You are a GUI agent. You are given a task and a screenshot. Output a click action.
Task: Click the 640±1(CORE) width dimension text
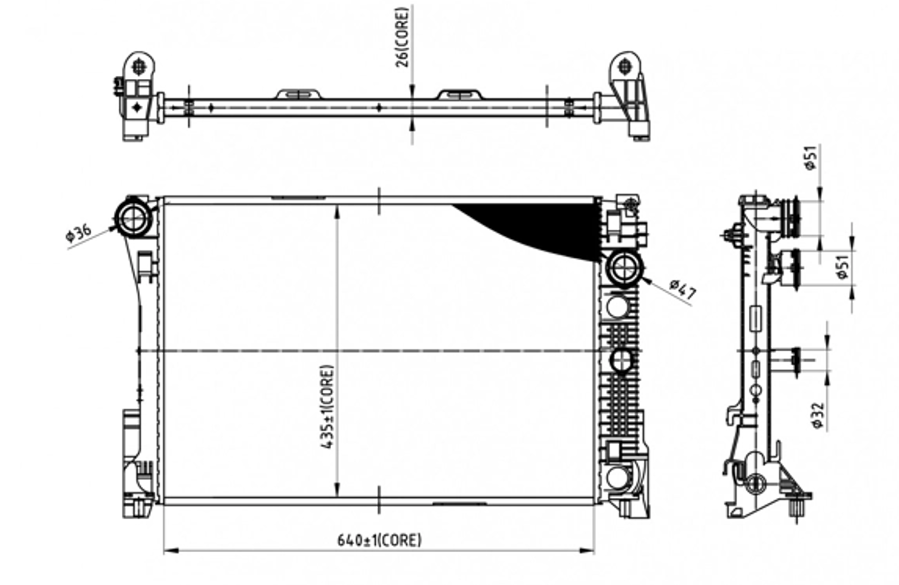(379, 540)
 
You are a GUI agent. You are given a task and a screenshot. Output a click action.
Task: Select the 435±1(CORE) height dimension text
(328, 407)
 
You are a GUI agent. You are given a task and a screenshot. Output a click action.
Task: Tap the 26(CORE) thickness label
(403, 38)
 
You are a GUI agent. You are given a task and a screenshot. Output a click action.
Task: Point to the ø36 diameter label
(79, 233)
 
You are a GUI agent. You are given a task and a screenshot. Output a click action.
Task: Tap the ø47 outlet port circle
(624, 269)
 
